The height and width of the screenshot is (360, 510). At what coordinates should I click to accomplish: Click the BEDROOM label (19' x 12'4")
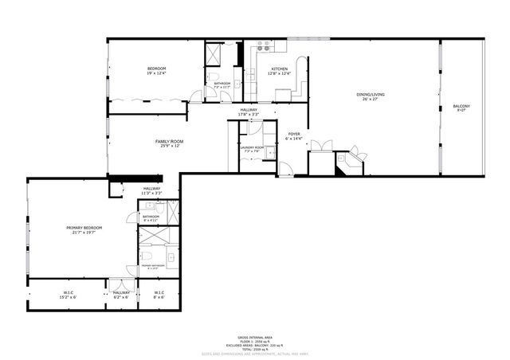coord(155,70)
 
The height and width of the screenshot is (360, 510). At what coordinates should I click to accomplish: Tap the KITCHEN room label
coord(280,70)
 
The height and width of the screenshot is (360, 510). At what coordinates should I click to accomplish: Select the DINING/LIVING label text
coord(371,96)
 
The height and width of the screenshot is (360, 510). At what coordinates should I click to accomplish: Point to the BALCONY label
coord(461,107)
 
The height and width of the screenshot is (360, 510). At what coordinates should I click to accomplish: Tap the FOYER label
coord(294,135)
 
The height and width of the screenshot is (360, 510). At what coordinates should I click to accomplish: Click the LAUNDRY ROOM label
coord(252,147)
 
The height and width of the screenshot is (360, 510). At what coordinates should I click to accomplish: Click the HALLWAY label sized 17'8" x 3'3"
coord(248,111)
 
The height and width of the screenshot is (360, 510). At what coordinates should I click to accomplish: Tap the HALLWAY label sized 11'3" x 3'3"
coord(151,190)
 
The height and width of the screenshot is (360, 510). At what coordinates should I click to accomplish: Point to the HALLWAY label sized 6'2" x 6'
coord(121,293)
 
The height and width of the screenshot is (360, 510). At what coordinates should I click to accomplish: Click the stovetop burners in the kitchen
coord(261,51)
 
